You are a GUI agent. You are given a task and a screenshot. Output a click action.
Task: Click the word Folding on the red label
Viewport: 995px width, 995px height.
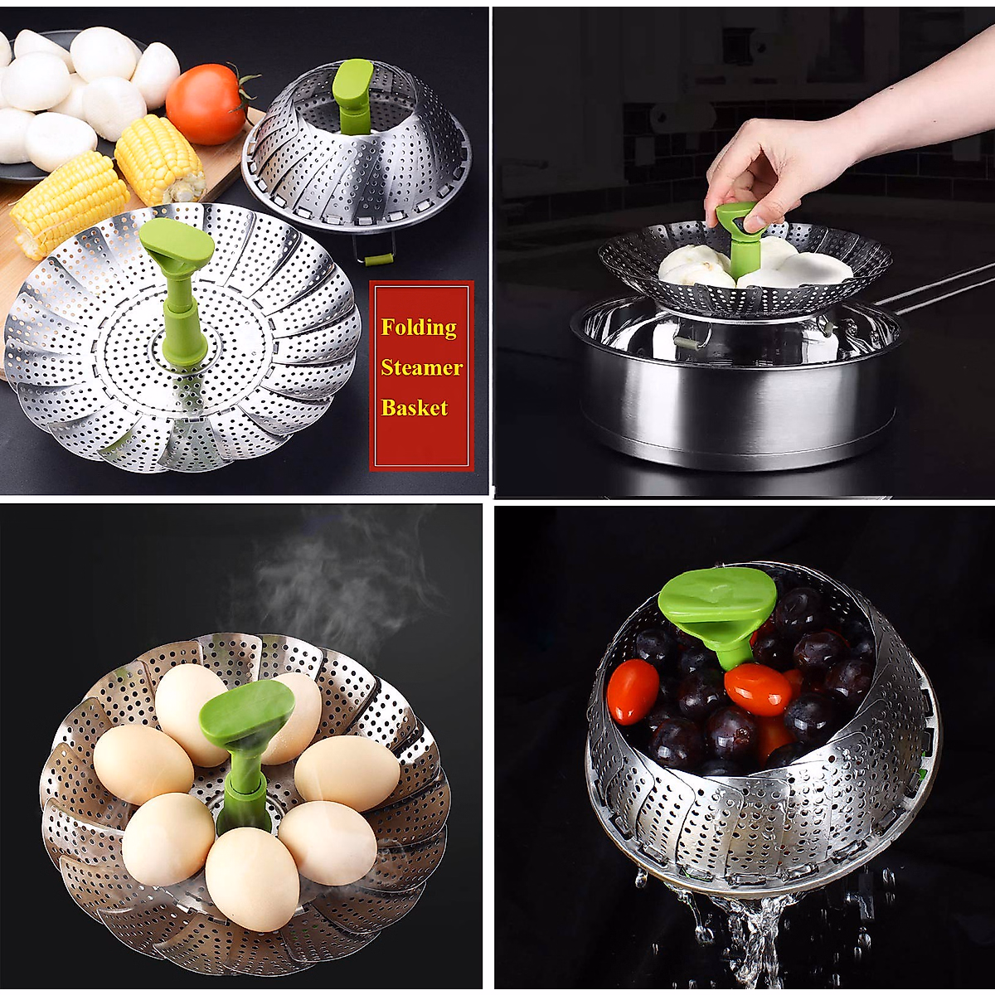pyautogui.click(x=419, y=328)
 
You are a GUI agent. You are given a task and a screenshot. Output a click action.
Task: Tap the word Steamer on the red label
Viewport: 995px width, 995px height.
pyautogui.click(x=421, y=367)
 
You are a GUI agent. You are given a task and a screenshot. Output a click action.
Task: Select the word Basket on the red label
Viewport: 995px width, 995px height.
pyautogui.click(x=415, y=407)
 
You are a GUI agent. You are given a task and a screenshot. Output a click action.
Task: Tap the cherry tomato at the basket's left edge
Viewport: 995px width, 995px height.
pyautogui.click(x=633, y=692)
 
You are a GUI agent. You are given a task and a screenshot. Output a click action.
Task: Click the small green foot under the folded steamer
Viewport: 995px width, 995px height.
pyautogui.click(x=378, y=260)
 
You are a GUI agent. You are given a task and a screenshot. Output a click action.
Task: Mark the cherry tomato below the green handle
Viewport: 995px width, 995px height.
pyautogui.click(x=757, y=689)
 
